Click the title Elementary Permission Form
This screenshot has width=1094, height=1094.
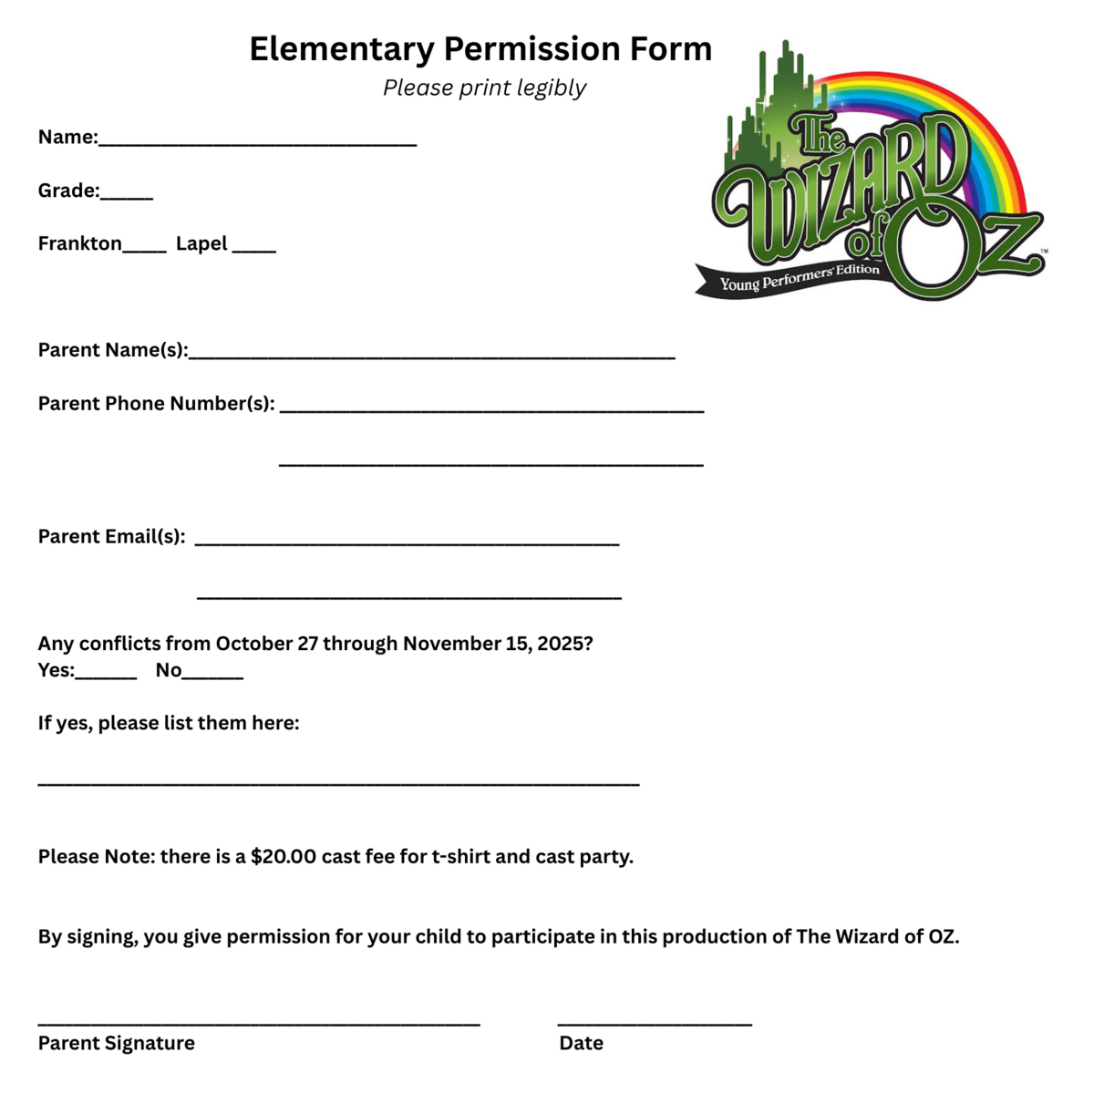click(x=480, y=49)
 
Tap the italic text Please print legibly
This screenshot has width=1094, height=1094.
click(x=484, y=88)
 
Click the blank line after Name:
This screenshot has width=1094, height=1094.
click(x=257, y=140)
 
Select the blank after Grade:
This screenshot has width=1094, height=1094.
click(x=127, y=194)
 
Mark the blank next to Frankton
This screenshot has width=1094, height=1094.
click(x=144, y=247)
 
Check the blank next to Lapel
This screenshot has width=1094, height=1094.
click(x=253, y=247)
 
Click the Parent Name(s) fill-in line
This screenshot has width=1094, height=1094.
click(x=431, y=355)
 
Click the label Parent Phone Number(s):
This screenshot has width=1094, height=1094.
click(x=156, y=404)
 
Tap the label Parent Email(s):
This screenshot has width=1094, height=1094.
click(x=111, y=537)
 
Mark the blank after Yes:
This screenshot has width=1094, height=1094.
click(x=107, y=675)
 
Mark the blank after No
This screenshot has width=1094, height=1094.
click(x=212, y=675)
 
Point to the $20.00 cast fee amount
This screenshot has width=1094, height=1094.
click(x=284, y=857)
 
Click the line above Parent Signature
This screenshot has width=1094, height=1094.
click(x=259, y=1022)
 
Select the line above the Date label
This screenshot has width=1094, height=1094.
click(x=655, y=1022)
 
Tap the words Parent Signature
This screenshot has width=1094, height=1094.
click(x=116, y=1044)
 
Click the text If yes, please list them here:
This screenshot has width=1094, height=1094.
click(x=169, y=724)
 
